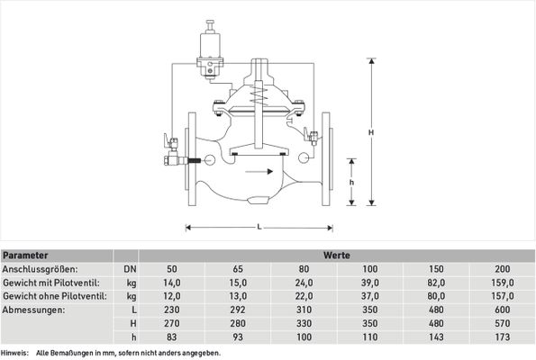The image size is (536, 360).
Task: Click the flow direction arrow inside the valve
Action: coord(259,172)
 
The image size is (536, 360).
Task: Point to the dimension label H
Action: coord(371,132)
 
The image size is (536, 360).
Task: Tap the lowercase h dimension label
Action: coord(351,183)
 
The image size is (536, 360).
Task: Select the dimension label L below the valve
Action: coord(259,227)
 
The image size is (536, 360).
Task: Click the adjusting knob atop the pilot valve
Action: coord(210,24)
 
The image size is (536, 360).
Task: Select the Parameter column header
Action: coord(25,256)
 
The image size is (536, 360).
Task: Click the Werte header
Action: coord(337,256)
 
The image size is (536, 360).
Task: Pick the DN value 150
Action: coord(436,269)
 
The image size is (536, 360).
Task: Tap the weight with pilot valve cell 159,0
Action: coord(503,283)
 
